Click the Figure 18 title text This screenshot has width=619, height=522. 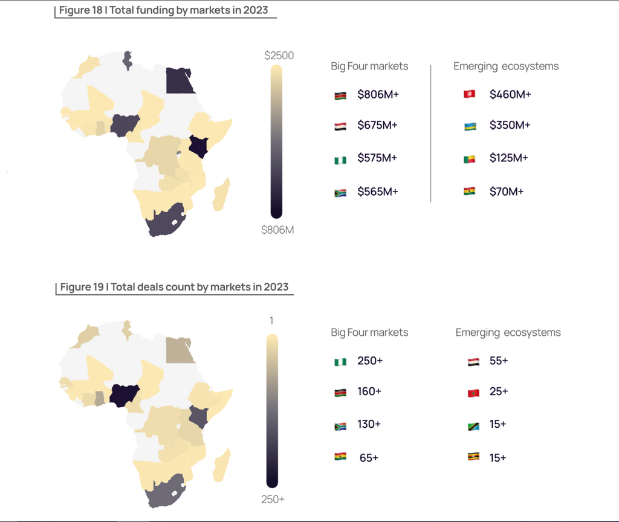coord(163,10)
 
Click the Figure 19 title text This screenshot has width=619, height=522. coord(174,287)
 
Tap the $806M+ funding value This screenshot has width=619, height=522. coord(378,94)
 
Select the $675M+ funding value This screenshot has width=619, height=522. coord(377,125)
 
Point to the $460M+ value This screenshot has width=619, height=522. coord(510,94)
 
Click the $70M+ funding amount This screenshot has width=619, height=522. coord(507,192)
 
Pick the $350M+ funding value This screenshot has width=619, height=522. coord(510,125)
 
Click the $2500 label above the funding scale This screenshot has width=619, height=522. coord(279,56)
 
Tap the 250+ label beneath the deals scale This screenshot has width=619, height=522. coord(273,499)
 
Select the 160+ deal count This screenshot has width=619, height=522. coord(369,391)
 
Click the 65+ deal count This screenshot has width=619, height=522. coord(369,457)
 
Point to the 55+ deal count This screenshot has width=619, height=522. coord(499,361)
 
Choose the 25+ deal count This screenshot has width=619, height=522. coord(499,391)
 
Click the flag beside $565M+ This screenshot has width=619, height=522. coord(340,193)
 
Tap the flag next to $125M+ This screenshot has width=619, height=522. coord(470,159)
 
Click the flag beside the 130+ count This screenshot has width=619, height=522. coord(340,426)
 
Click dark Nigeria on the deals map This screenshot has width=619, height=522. coord(124,395)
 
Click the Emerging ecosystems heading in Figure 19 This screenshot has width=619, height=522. coord(508,332)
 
